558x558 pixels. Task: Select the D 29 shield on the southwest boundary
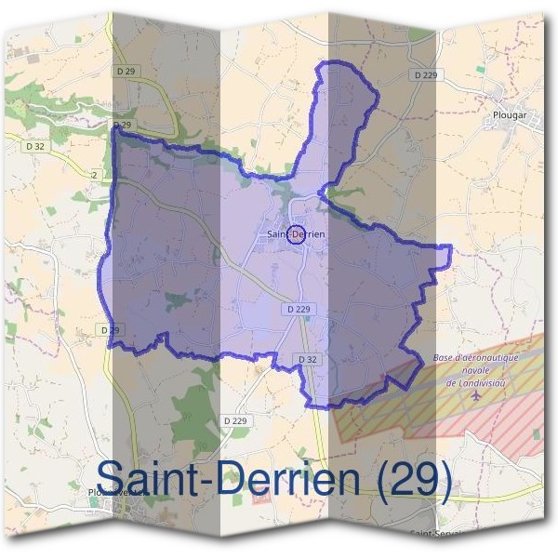pos(111,330)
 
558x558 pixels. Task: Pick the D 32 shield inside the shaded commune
pos(308,359)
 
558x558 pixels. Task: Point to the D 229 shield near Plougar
pos(423,73)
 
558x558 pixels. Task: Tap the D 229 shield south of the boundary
pos(236,421)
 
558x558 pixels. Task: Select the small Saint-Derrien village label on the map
pos(296,234)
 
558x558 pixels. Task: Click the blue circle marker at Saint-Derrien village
pos(296,234)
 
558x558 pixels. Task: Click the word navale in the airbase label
pos(475,370)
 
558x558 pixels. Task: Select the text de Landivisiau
pos(475,382)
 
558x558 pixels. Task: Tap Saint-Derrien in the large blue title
pos(228,478)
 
